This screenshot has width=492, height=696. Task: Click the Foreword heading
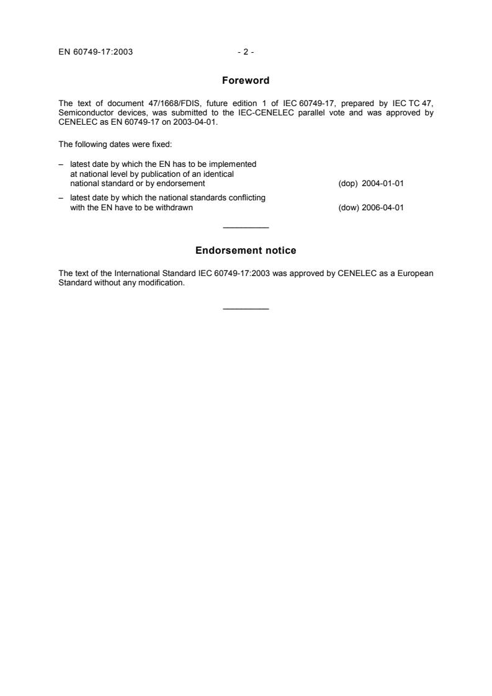click(246, 81)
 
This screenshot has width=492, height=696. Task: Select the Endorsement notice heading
click(246, 251)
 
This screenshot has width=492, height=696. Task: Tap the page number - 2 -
click(246, 52)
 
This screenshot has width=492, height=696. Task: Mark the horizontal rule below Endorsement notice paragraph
click(246, 309)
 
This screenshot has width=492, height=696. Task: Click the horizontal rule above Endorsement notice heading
click(246, 228)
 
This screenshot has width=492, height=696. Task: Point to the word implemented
click(233, 164)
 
